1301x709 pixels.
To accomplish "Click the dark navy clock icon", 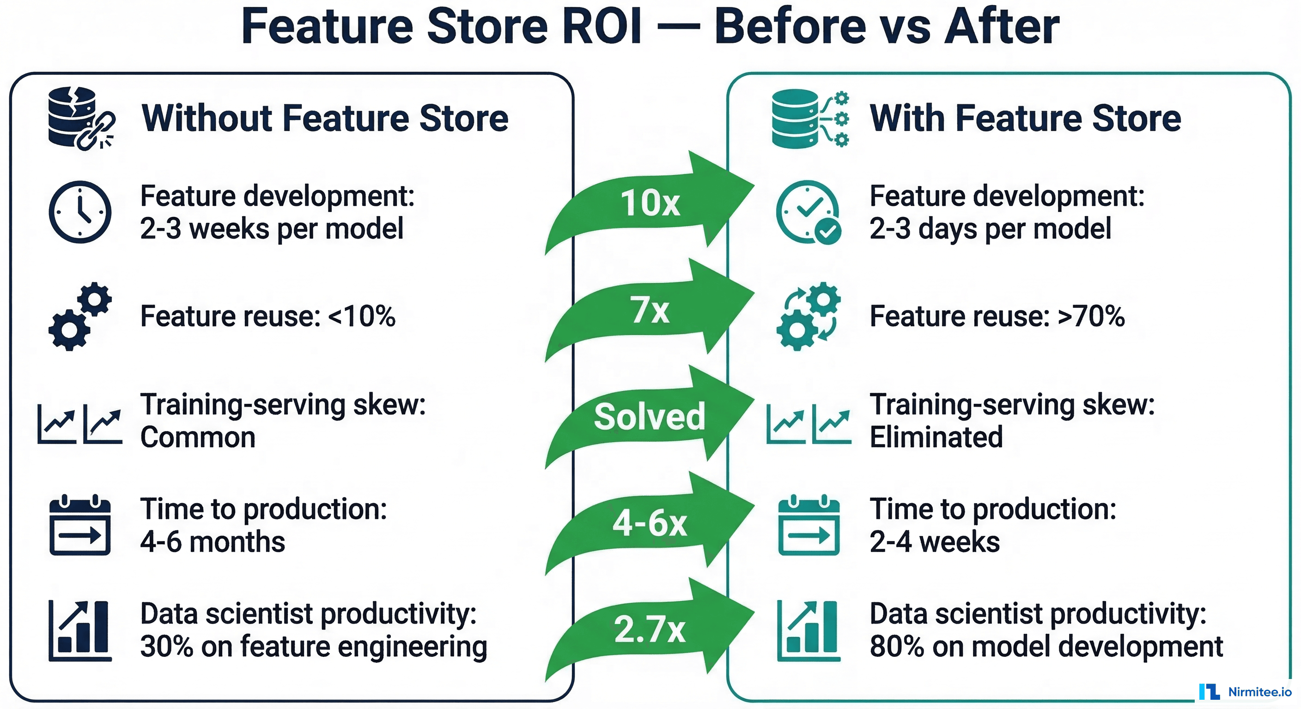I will [x=80, y=212].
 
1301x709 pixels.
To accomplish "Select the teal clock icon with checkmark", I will [x=809, y=212].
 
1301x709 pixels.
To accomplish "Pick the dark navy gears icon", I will [x=80, y=316].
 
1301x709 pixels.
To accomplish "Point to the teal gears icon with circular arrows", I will [x=809, y=316].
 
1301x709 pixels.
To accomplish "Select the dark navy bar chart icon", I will [x=80, y=631].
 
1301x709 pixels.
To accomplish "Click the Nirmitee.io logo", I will [x=1245, y=692].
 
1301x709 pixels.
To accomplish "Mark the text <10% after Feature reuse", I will [x=362, y=316].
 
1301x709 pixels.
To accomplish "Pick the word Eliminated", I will [x=936, y=437].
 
